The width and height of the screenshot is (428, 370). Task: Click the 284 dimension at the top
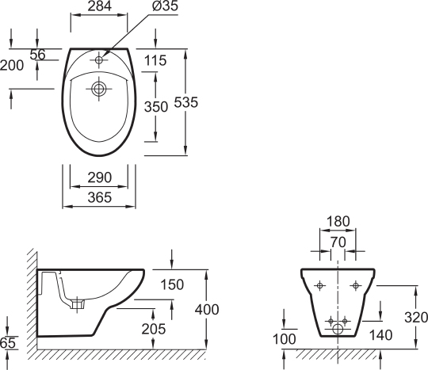[100, 6]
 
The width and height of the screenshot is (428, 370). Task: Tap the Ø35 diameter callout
[166, 6]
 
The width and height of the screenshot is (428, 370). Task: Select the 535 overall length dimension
[186, 102]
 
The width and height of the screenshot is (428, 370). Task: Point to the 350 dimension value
[156, 107]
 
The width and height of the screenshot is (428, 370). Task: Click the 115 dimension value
[155, 60]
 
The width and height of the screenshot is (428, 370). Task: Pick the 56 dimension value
[37, 55]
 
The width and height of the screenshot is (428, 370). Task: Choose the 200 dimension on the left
[12, 66]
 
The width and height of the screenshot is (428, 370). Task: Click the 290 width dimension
[100, 177]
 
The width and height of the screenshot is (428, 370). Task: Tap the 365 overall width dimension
[100, 197]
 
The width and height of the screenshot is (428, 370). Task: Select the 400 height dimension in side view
[207, 310]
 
